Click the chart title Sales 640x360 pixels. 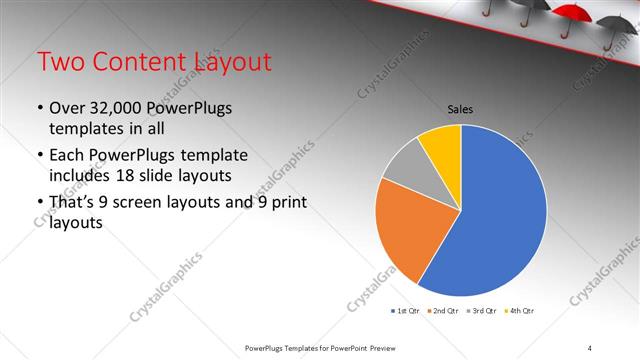(x=460, y=109)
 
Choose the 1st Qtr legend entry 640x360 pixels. (x=405, y=311)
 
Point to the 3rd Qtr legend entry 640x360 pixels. (x=482, y=311)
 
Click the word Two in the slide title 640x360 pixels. (x=59, y=62)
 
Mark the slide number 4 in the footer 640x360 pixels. (x=590, y=347)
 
